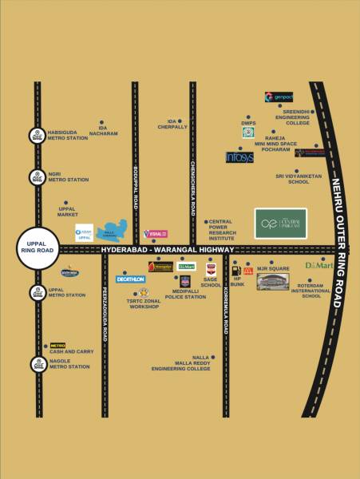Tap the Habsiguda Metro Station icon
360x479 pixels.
37,137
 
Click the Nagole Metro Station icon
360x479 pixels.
37,364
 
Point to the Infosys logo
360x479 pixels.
239,157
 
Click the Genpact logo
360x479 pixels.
279,97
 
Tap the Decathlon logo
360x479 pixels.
130,279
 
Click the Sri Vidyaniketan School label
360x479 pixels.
292,178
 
